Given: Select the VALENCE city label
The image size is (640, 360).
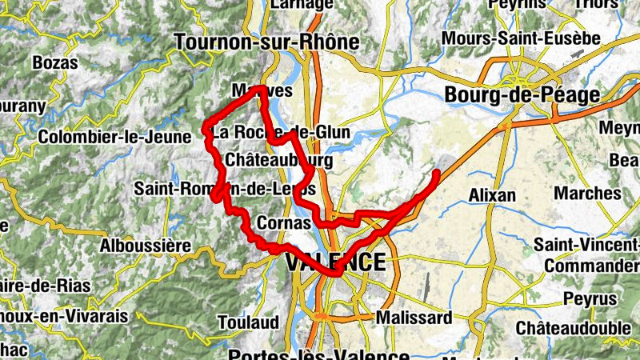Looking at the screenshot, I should click(x=335, y=262).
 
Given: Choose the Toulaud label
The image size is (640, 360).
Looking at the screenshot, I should click(x=248, y=322).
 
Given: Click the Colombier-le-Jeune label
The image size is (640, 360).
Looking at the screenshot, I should click(x=114, y=137).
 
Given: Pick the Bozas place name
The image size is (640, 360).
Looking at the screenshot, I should click(x=55, y=63).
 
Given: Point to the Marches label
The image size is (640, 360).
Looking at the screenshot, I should click(x=587, y=194).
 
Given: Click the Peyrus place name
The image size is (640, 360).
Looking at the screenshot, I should click(x=590, y=298).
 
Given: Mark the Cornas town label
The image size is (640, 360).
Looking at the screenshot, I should click(x=284, y=223).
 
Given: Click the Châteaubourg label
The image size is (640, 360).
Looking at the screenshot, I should click(x=279, y=161).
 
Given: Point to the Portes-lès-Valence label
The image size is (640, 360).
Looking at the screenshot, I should click(x=318, y=354).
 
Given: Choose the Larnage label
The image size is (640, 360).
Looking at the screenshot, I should click(x=302, y=5).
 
